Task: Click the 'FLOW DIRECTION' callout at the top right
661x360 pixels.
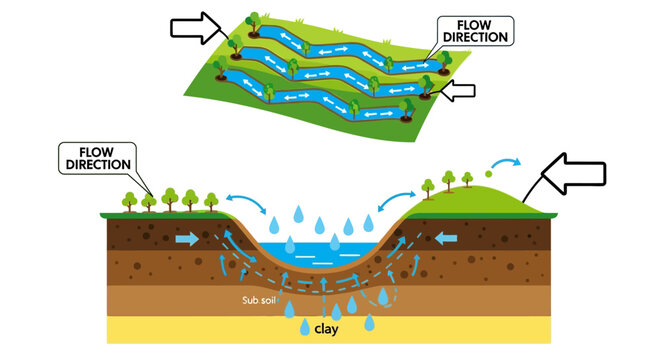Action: point(475,30)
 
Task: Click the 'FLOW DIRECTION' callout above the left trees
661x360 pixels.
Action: point(96,155)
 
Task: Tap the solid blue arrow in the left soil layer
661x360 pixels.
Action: point(187,240)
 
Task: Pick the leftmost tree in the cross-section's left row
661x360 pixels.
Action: point(129,200)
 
